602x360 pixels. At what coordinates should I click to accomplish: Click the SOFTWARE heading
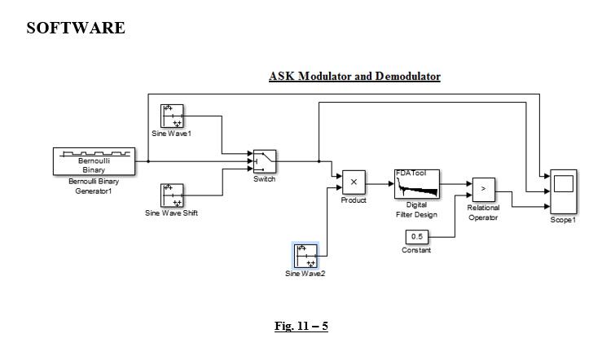[x=76, y=29]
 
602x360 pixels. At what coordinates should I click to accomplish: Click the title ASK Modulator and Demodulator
[x=354, y=77]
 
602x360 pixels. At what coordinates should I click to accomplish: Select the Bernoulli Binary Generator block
[x=94, y=161]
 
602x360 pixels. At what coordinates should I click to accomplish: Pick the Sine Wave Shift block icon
[x=172, y=195]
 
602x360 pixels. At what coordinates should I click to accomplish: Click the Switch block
[x=264, y=161]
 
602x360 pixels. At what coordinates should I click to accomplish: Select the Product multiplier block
[x=354, y=182]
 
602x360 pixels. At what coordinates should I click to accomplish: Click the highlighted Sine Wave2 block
[x=305, y=256]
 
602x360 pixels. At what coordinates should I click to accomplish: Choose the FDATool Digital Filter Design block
[x=416, y=183]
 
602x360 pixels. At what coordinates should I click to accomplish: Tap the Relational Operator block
[x=483, y=189]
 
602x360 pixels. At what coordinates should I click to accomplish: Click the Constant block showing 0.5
[x=416, y=236]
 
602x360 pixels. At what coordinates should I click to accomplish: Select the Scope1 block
[x=563, y=192]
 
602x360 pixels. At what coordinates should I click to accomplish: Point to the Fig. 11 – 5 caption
[x=301, y=326]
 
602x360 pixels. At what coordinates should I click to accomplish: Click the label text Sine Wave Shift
[x=171, y=213]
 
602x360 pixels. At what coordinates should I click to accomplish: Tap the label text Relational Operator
[x=483, y=213]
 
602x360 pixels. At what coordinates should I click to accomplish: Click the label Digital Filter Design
[x=416, y=210]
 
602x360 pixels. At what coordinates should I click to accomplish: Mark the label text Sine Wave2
[x=305, y=274]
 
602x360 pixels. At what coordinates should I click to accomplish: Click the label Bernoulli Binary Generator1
[x=94, y=186]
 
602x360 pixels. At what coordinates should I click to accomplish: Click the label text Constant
[x=416, y=250]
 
